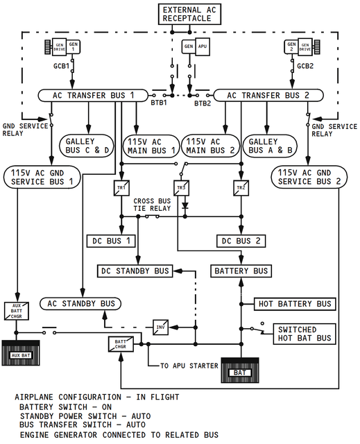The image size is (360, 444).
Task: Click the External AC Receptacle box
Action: pos(189,14)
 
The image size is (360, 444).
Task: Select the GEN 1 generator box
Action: pos(73,46)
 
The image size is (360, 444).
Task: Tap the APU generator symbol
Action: pos(196,46)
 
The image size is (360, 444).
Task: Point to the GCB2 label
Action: pos(305,66)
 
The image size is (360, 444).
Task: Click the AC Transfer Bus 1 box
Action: pos(93,96)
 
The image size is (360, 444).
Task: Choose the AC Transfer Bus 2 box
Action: pos(268,96)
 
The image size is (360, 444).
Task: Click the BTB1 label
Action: pos(158,103)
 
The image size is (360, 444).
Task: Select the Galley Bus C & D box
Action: pos(86,146)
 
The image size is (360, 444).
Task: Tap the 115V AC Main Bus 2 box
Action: pos(210,146)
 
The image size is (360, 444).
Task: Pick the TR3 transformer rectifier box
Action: pos(182,188)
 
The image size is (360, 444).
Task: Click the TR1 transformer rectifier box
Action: pos(121,188)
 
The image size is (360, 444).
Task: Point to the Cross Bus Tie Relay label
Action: pos(153,205)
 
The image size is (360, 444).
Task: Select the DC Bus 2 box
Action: pos(241,241)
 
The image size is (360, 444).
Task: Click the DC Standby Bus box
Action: pos(135,271)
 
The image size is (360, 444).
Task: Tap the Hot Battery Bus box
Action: pos(295,304)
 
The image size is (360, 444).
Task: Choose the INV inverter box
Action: pos(160,327)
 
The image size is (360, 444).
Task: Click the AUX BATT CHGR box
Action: pos(17,311)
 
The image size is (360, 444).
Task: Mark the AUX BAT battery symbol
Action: pos(21,353)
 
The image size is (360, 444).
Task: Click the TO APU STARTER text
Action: pos(189,366)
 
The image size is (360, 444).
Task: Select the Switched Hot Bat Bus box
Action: pos(305,334)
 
